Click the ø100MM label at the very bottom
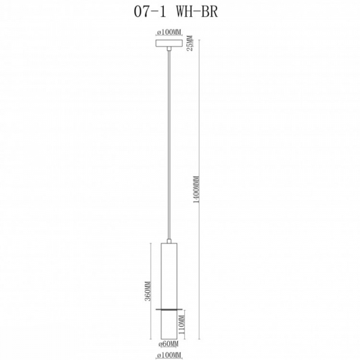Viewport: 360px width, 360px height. pos(170,355)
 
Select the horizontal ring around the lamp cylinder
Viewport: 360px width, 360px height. pos(170,309)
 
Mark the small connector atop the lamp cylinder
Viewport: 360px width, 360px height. pos(170,241)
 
